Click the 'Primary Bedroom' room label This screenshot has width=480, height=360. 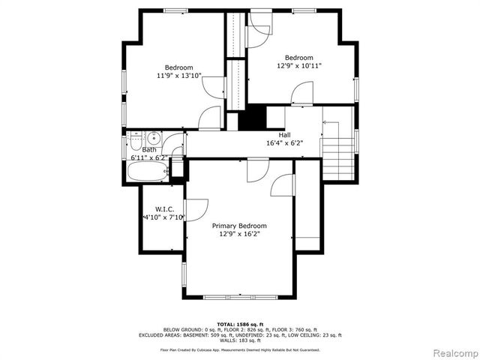[239, 226]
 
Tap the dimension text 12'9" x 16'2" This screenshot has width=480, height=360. [239, 234]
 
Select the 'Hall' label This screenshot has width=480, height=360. [284, 135]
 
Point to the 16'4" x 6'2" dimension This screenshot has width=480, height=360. [284, 143]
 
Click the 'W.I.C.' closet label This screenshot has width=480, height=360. [165, 208]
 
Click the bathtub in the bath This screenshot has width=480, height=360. [147, 172]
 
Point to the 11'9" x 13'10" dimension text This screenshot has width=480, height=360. [179, 76]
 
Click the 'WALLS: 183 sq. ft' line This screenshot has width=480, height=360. [239, 340]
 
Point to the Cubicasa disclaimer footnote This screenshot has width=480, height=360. [239, 349]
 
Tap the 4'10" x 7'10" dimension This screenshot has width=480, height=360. [164, 217]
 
